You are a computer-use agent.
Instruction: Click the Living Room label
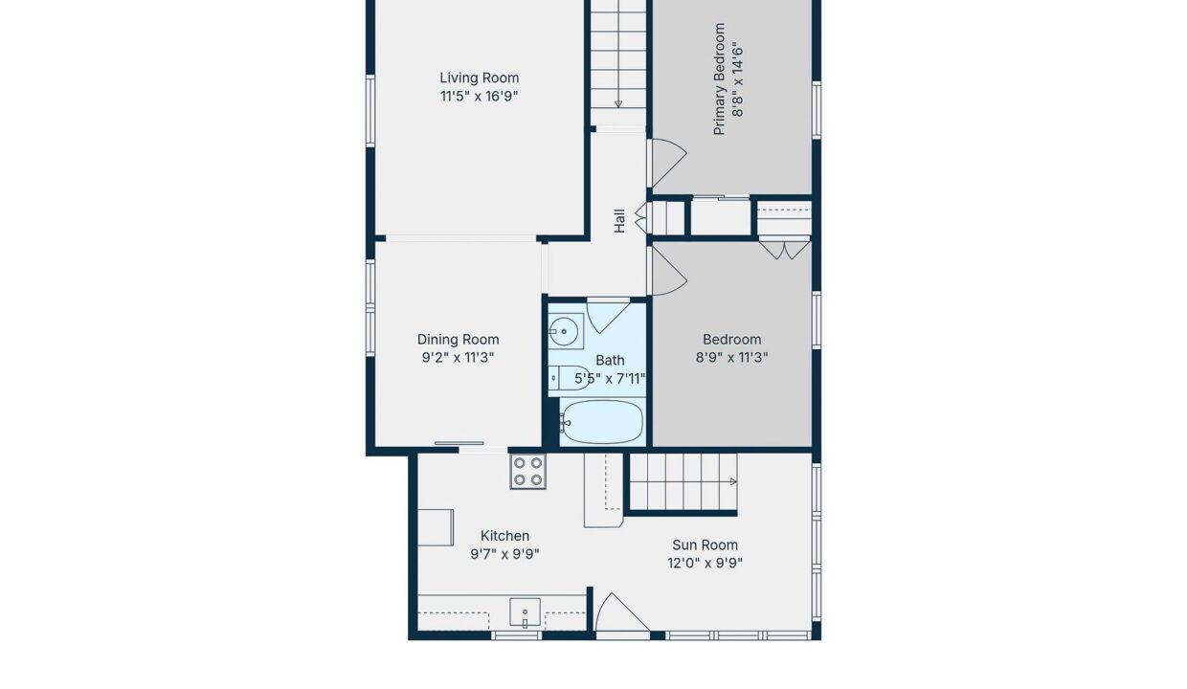479,78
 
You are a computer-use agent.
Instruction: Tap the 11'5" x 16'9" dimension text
479,96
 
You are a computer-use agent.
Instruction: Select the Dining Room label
458,340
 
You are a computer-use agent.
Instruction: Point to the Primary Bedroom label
719,78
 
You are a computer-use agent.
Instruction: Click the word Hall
619,221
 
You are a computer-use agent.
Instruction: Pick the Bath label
610,360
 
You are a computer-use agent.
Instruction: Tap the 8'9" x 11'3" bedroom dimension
731,358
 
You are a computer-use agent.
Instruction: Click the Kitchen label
504,536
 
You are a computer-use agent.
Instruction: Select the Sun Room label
705,545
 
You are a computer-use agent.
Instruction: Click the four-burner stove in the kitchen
527,472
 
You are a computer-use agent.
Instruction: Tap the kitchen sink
525,612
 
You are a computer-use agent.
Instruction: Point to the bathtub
601,422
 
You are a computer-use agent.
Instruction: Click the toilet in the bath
570,378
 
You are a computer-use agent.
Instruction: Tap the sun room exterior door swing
621,612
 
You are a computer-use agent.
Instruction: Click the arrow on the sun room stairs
733,481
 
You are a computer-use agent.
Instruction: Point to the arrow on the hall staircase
617,103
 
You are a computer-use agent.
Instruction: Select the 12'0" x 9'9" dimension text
705,563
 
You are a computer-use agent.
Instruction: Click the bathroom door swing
607,317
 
